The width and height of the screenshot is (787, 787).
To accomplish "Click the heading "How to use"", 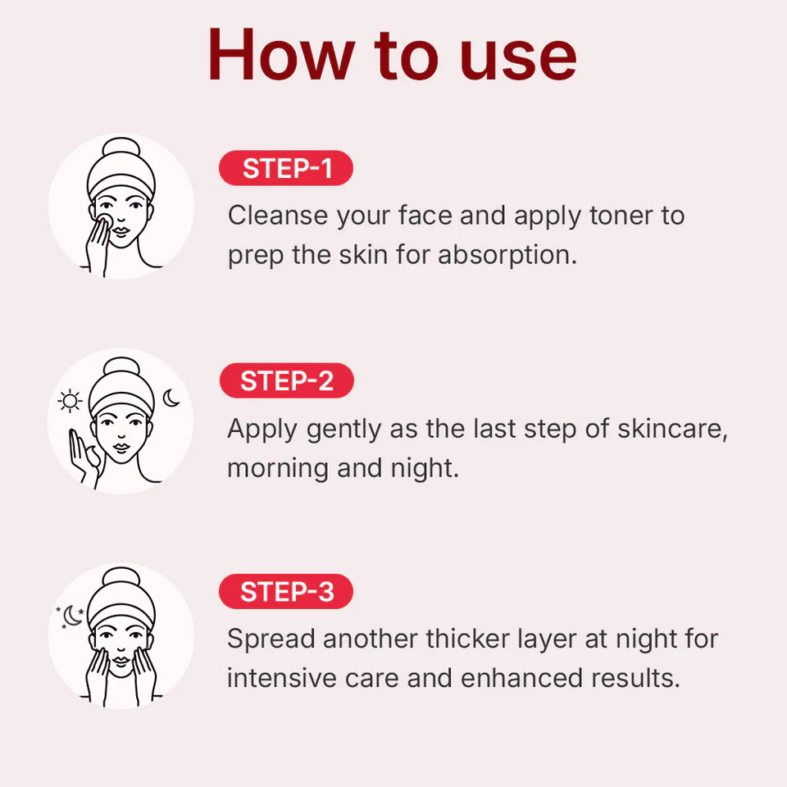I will click(392, 56).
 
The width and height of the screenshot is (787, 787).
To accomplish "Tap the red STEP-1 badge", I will click(286, 168).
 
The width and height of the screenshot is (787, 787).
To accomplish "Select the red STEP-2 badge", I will click(286, 381).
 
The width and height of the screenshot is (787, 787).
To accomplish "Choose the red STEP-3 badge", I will click(286, 592).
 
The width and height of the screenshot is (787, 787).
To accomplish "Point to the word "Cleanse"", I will click(278, 216).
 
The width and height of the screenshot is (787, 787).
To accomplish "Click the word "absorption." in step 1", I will click(507, 255).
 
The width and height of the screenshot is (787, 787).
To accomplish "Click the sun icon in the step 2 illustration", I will click(71, 402).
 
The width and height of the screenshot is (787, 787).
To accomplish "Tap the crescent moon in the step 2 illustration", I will click(171, 398).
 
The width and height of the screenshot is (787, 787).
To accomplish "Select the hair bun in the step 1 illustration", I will click(121, 150).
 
